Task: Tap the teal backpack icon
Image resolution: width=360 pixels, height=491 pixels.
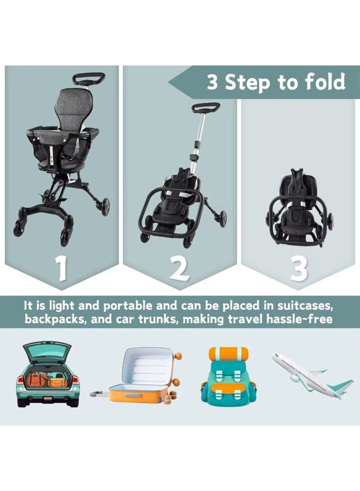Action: [227, 376]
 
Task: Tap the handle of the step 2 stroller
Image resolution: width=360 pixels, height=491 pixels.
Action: [205, 106]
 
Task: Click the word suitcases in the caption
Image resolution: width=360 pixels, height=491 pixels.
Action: [313, 304]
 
